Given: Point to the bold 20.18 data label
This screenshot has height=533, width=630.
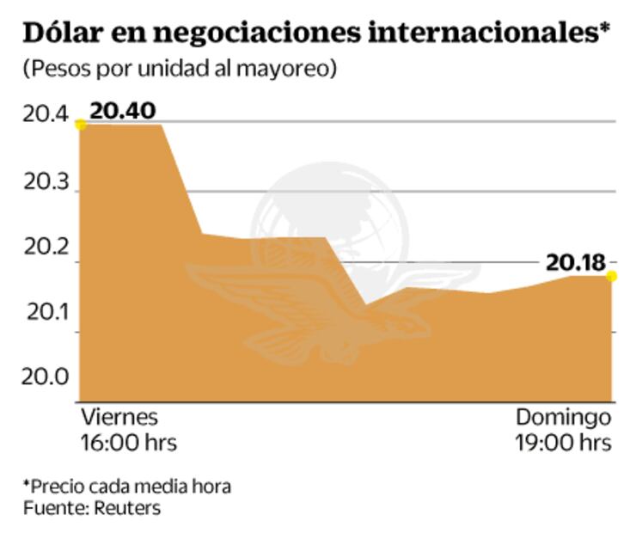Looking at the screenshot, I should pyautogui.click(x=575, y=261).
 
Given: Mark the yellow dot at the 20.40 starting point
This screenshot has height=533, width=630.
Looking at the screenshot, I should pyautogui.click(x=81, y=125).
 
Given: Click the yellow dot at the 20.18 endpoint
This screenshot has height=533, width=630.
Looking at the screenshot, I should pyautogui.click(x=612, y=276).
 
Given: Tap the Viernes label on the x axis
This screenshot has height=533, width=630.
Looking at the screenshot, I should pyautogui.click(x=119, y=418).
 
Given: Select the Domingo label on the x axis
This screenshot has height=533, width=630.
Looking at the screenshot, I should pyautogui.click(x=563, y=419).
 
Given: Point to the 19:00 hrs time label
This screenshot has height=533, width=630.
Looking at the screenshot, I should pyautogui.click(x=564, y=443).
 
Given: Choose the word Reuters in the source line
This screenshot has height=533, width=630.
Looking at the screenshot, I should pyautogui.click(x=128, y=508).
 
